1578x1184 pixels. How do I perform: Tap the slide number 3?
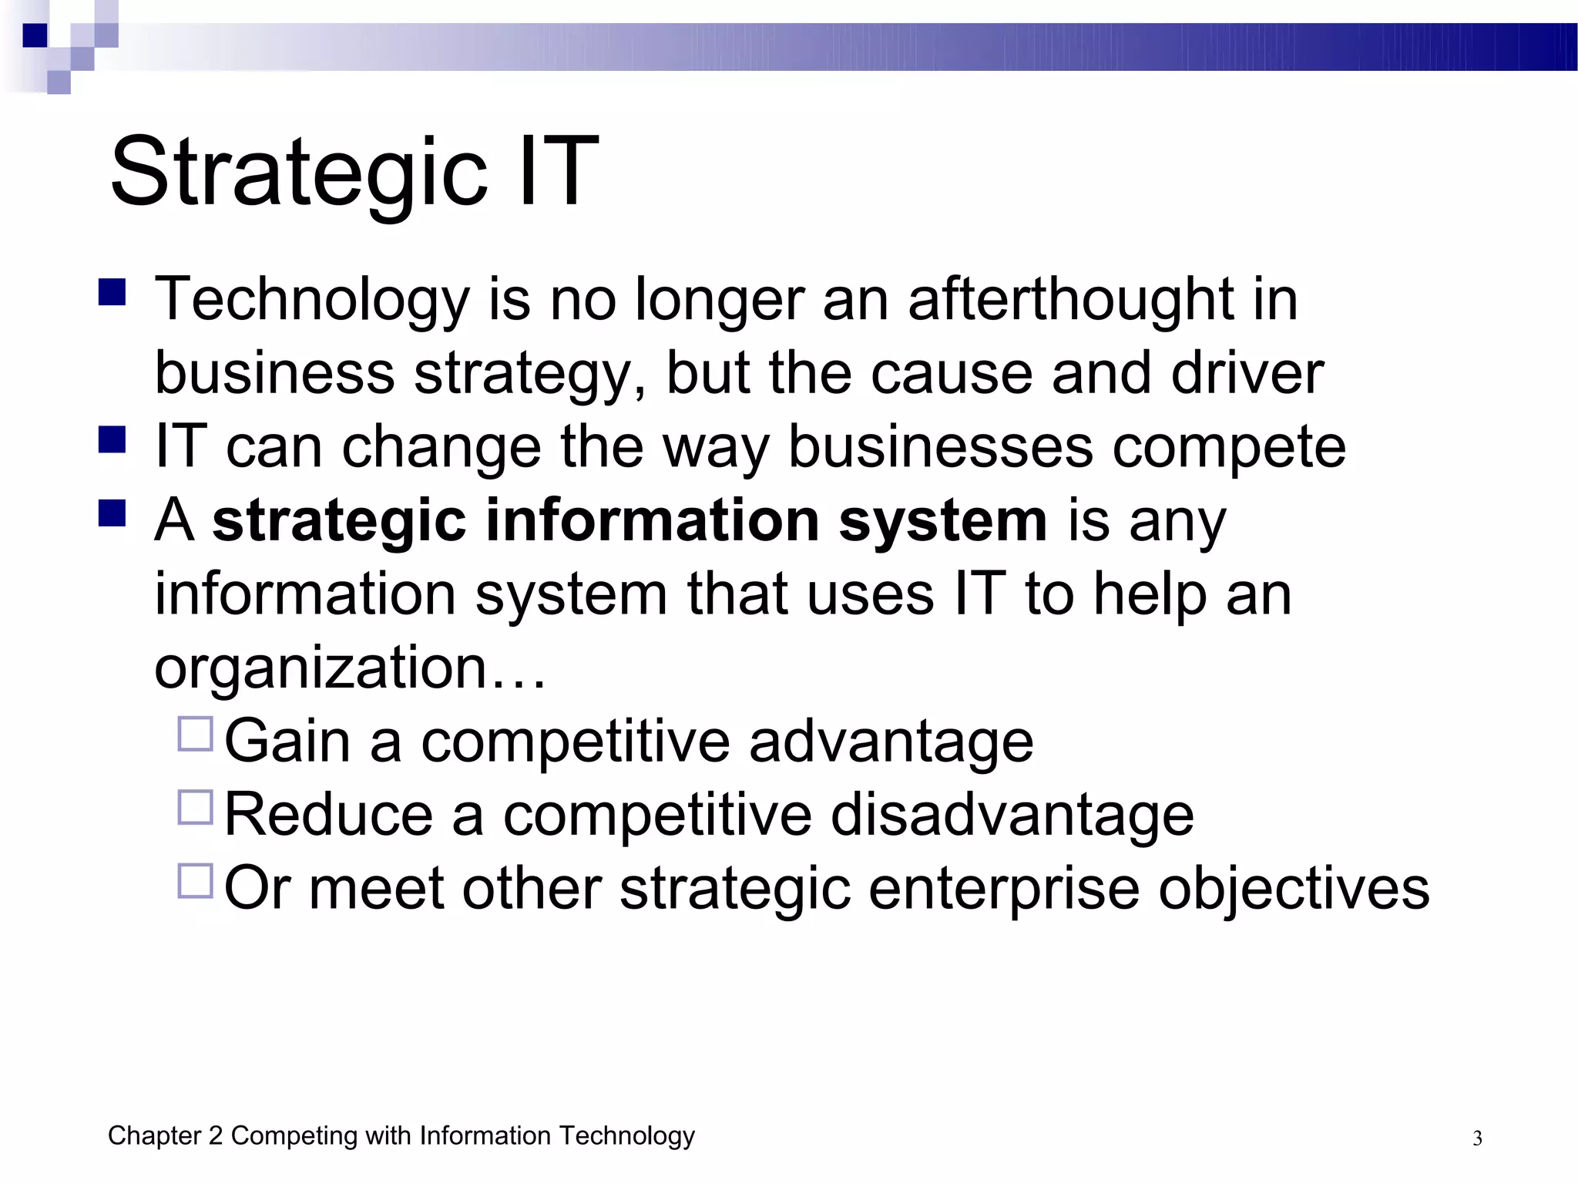pyautogui.click(x=1477, y=1139)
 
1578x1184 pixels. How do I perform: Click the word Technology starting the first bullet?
pyautogui.click(x=312, y=301)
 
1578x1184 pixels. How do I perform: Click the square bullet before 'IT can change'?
pyautogui.click(x=112, y=439)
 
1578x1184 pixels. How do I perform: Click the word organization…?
pyautogui.click(x=350, y=668)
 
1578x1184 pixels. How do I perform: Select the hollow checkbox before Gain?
pyautogui.click(x=195, y=734)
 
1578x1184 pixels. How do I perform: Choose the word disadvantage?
pyautogui.click(x=1012, y=816)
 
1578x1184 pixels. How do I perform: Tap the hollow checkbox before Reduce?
pyautogui.click(x=195, y=807)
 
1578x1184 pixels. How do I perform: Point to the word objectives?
pyautogui.click(x=1294, y=888)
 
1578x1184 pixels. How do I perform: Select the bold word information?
pyautogui.click(x=652, y=520)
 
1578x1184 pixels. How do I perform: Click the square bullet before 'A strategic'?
pyautogui.click(x=112, y=513)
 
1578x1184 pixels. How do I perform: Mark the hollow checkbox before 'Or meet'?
pyautogui.click(x=195, y=880)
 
